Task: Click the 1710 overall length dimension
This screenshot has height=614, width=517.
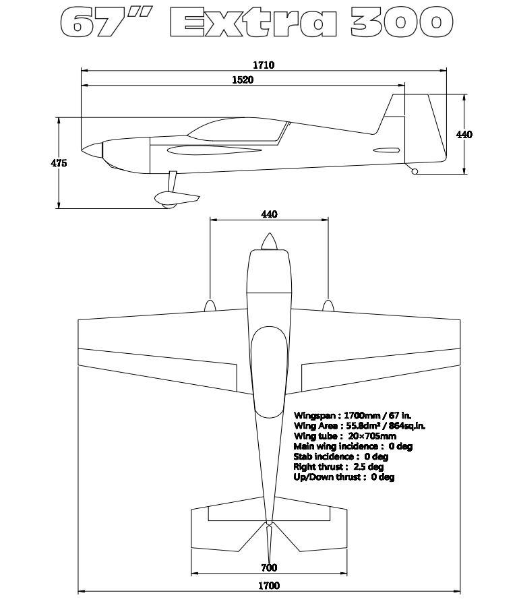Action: [264, 65]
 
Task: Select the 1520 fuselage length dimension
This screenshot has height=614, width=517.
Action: [242, 80]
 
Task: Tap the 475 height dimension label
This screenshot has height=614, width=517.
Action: [59, 162]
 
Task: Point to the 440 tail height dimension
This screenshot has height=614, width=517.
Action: [464, 135]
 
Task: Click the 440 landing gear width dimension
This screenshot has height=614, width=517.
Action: [269, 214]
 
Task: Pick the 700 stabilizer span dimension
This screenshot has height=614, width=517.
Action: [269, 567]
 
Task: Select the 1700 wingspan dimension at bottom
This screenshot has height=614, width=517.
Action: [269, 586]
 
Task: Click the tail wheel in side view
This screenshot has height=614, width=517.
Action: [415, 172]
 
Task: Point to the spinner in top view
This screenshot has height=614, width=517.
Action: [269, 242]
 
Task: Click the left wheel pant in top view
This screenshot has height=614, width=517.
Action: [210, 306]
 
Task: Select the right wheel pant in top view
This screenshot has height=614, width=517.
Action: [328, 306]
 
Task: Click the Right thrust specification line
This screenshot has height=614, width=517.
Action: [338, 466]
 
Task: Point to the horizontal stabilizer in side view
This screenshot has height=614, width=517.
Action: [386, 150]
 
